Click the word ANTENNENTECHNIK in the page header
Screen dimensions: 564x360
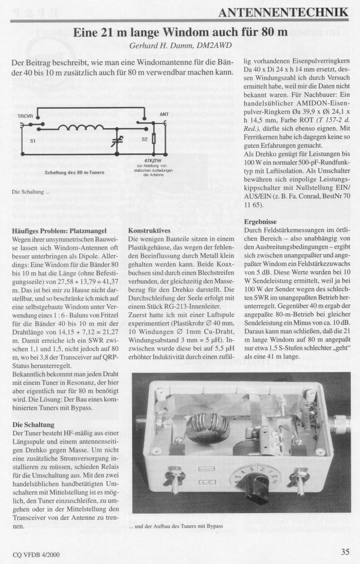(283, 12)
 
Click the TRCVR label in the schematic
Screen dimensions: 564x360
(25, 116)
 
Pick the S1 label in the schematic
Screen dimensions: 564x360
(33, 140)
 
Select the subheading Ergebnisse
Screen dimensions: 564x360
(261, 222)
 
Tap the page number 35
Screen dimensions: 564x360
(345, 552)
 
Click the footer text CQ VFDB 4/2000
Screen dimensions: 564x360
(36, 554)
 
